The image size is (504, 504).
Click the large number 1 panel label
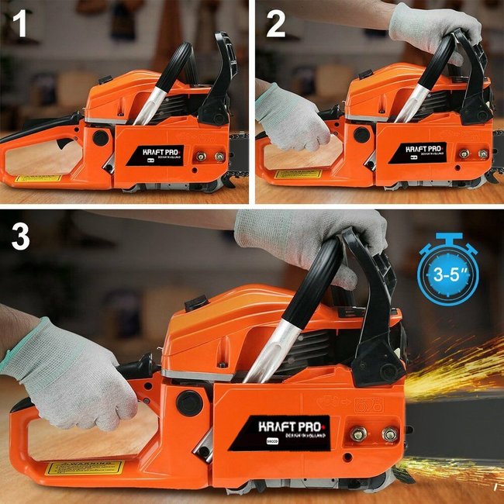pos(20,25)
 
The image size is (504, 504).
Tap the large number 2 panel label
pos(275,25)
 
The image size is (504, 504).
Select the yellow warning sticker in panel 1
pos(39,178)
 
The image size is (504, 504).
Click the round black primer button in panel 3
pos(189,402)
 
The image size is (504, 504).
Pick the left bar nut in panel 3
pos(357,433)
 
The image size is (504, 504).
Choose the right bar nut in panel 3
pos(390,433)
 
